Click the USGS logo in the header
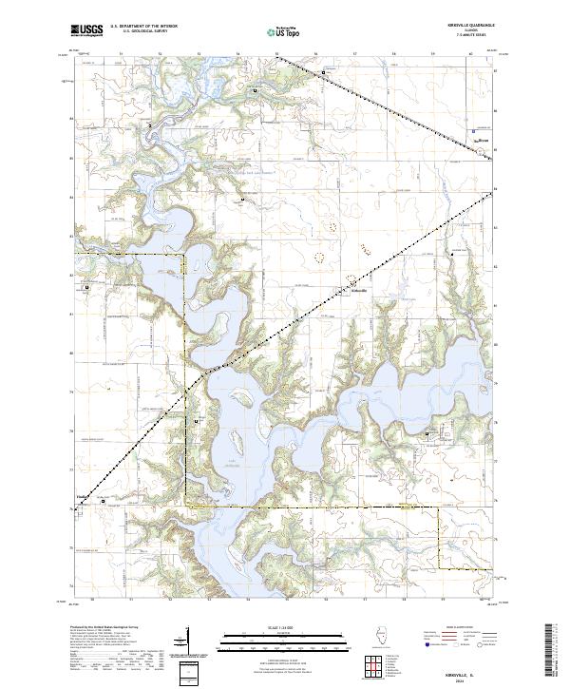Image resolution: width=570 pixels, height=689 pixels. tap(86, 31)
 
